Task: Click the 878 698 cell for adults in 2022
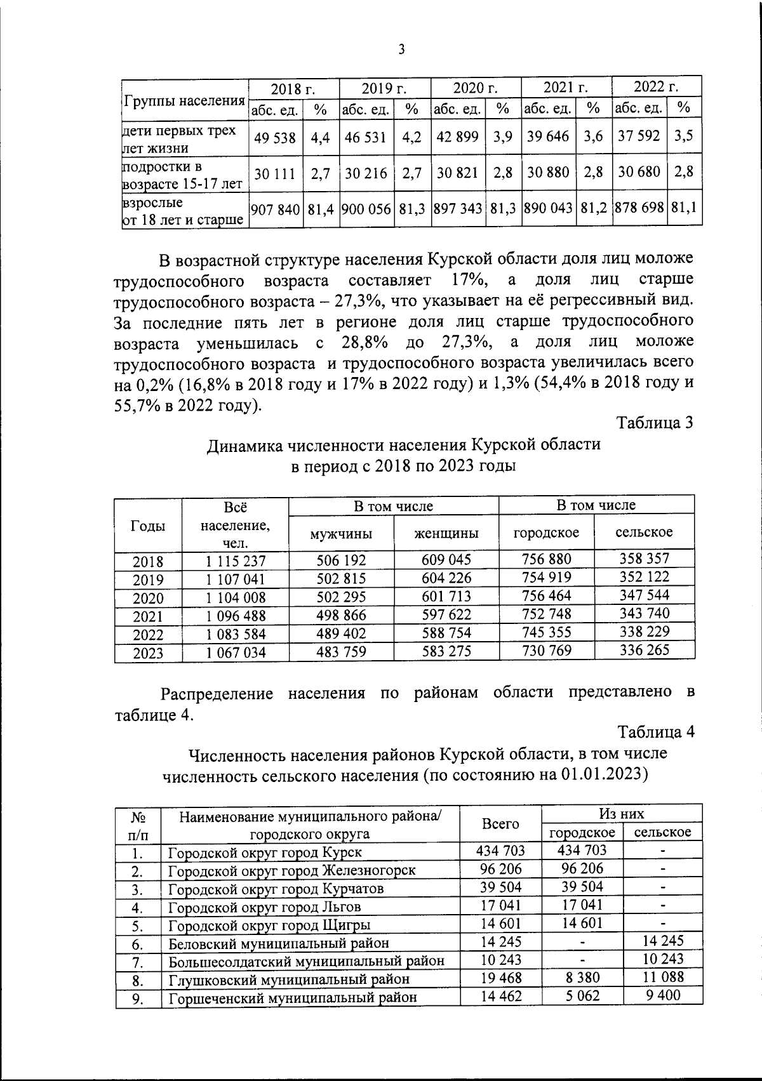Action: [x=639, y=208]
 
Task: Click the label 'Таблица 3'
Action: [x=655, y=423]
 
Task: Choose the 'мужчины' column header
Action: [x=341, y=534]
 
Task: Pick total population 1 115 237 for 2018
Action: [x=235, y=561]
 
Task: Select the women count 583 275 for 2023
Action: [x=446, y=652]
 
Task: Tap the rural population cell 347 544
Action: [x=644, y=595]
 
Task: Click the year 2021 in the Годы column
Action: [x=148, y=616]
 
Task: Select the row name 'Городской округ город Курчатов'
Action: [x=276, y=888]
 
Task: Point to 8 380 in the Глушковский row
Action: [x=582, y=978]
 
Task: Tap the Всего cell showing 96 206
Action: [x=500, y=869]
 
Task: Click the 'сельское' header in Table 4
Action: [x=662, y=832]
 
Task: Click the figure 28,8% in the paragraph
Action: [x=364, y=342]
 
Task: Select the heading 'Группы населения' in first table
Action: [x=185, y=102]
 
